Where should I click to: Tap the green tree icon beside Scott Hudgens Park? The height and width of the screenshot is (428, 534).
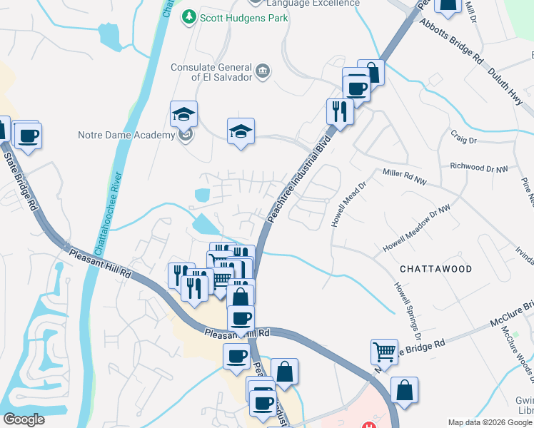point(189,16)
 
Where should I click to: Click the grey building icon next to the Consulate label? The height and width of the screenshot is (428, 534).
point(263,69)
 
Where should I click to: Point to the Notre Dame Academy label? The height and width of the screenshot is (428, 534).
point(126,135)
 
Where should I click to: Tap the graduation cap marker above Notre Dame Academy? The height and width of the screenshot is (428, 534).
point(183,114)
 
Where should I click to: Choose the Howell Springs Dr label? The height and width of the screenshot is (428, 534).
point(407,310)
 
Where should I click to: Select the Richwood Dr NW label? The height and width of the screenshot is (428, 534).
point(478,167)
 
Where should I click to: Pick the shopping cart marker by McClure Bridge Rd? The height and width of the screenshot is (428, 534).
point(384,352)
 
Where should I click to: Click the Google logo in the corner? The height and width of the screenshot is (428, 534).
point(24,419)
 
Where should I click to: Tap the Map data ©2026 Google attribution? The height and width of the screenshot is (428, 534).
point(489,422)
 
